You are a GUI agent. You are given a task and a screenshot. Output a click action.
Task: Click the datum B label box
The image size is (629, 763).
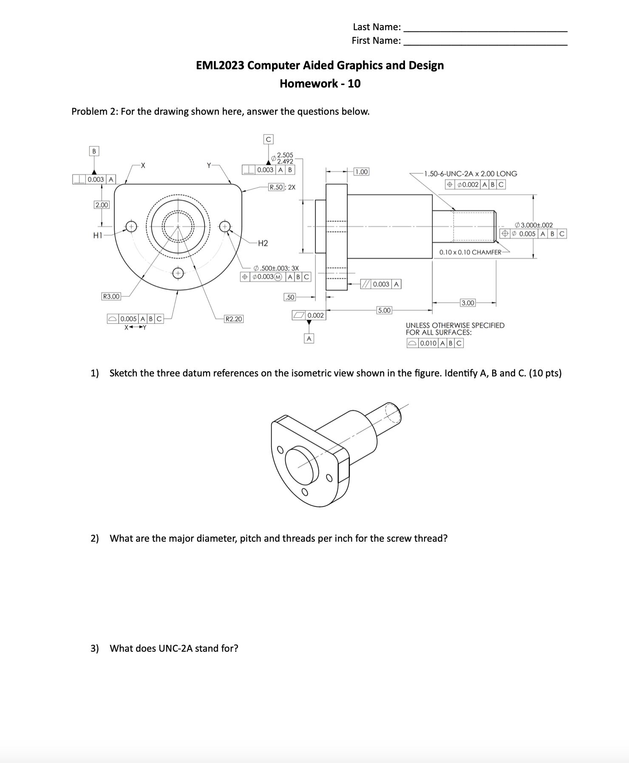[x=94, y=151]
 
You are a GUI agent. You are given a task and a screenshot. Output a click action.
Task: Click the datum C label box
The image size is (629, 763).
[x=268, y=139]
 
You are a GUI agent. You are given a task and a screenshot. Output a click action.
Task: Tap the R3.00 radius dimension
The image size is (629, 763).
[x=111, y=296]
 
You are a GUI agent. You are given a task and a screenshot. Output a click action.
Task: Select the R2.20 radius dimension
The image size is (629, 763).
[x=234, y=319]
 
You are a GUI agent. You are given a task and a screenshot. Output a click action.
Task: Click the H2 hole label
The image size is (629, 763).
[x=263, y=243]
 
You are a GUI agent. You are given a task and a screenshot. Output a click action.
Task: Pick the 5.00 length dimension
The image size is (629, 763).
[x=384, y=310]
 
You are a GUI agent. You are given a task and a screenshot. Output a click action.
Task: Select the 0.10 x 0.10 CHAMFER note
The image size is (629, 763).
[x=470, y=252]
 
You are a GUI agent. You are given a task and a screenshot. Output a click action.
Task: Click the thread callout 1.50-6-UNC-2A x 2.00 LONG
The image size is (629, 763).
[x=470, y=174]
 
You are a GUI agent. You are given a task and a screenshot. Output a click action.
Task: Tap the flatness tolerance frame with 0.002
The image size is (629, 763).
[x=309, y=315]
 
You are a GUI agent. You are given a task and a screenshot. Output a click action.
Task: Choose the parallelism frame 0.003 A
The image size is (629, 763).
[x=380, y=284]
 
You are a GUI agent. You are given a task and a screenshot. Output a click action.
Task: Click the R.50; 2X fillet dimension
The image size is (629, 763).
[x=282, y=187]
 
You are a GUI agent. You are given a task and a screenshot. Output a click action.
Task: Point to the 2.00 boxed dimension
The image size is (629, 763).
[x=102, y=205]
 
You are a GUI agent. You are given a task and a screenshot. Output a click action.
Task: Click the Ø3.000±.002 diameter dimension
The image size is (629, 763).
[x=533, y=225]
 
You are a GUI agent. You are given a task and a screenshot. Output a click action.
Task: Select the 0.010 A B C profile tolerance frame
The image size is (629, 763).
[x=435, y=343]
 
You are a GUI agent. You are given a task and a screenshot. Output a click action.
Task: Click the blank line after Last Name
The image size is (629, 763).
[x=485, y=28]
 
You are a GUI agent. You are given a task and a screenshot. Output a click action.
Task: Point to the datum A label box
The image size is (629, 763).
[x=309, y=339]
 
